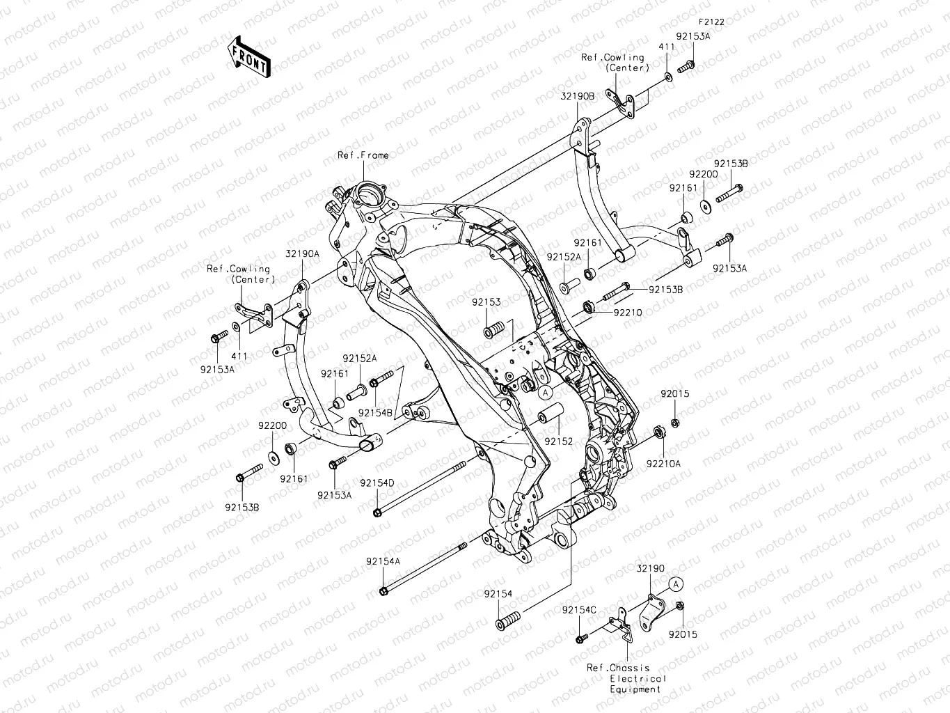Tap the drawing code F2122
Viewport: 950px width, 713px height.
711,22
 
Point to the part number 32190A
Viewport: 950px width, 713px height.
301,254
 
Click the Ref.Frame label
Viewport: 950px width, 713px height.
363,155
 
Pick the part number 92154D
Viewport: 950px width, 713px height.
377,483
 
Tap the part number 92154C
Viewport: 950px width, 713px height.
579,610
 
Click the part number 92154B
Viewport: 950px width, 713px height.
377,413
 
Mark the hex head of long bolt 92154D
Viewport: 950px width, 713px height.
377,513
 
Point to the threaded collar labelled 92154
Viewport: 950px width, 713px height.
508,620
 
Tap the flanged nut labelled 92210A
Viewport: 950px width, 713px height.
658,434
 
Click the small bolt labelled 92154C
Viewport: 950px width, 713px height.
580,638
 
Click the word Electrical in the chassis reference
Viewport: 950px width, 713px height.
638,678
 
